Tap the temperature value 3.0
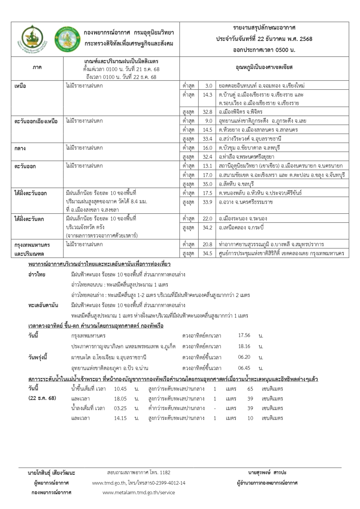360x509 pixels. [x=208, y=86]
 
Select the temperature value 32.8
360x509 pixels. [x=207, y=112]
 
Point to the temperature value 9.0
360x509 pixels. [x=208, y=121]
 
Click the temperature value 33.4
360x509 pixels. [x=207, y=139]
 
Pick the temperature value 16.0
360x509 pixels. [x=207, y=148]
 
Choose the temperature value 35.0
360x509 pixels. [x=207, y=184]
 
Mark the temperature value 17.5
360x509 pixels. [x=207, y=193]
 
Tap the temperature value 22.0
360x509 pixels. [x=207, y=219]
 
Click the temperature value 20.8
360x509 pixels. [x=207, y=244]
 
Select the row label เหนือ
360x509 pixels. [x=20, y=86]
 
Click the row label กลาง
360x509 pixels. [x=20, y=148]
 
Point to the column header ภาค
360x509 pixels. [x=37, y=67]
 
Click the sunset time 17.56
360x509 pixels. [x=244, y=335]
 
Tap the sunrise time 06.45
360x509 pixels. [x=244, y=368]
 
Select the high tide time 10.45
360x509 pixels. [x=120, y=389]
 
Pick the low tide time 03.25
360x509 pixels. [x=120, y=408]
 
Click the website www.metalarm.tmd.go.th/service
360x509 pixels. [x=139, y=492]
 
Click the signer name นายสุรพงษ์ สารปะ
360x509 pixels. [x=267, y=473]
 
